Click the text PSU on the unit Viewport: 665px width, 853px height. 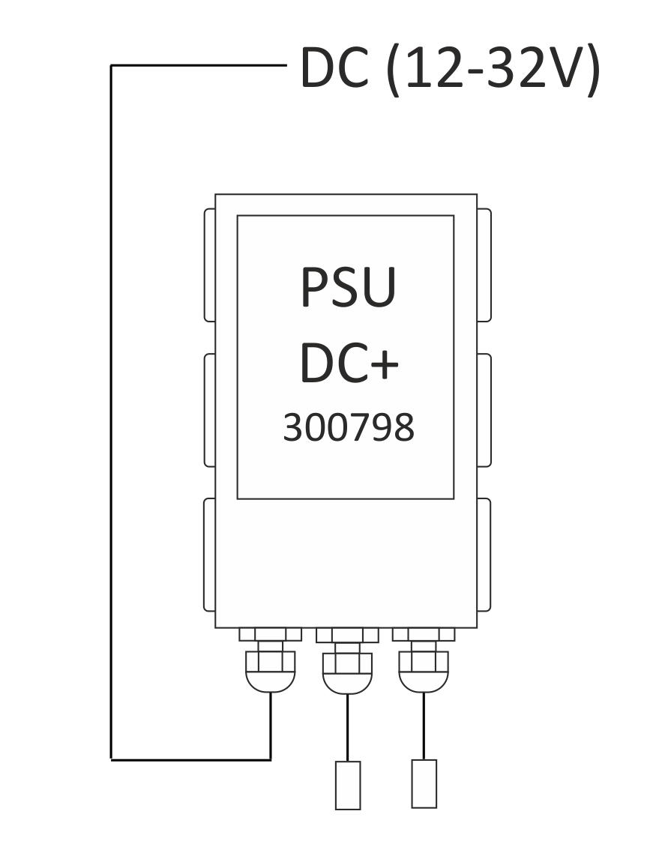coord(349,287)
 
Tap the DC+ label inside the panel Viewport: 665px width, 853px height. coord(349,363)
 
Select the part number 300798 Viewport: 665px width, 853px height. coord(349,427)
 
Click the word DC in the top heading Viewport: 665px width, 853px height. coord(334,67)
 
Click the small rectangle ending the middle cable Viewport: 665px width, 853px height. coord(348,785)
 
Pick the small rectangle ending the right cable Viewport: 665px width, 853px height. coord(424,783)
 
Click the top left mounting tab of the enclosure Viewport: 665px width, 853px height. coord(209,265)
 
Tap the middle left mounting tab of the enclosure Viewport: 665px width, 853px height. coord(209,410)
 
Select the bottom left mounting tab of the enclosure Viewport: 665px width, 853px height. coord(209,555)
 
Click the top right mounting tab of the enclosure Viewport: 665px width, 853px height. coord(484,265)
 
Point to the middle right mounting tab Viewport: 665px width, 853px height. coord(484,410)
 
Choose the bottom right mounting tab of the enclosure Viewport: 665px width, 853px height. coord(484,555)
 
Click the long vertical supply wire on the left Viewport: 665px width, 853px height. coord(111,412)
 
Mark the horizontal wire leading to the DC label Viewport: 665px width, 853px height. coord(199,65)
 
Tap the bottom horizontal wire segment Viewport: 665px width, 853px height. coord(191,759)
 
